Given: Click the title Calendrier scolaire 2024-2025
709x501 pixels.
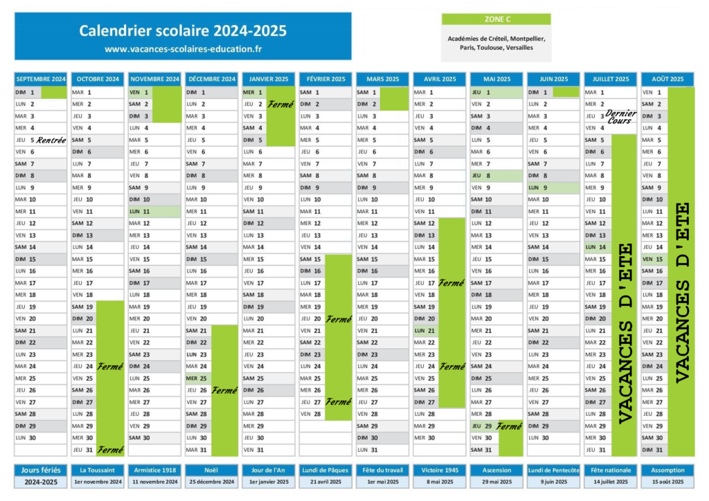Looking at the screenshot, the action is coord(183,30).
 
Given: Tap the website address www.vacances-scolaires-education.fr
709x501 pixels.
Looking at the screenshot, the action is coord(183,49).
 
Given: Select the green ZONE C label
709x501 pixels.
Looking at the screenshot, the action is coord(496,19).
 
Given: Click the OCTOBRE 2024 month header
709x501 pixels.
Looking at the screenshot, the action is coord(98,79).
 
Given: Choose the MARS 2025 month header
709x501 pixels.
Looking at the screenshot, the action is coord(382,79).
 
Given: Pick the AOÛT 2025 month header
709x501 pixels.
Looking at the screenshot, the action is coord(667,79).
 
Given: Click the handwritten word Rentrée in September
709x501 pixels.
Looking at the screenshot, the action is coord(51,140).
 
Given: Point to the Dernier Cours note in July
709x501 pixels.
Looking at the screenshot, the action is coord(620,116).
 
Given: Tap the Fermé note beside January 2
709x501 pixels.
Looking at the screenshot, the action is coord(281,104).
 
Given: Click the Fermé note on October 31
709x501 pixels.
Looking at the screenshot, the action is coord(110,450).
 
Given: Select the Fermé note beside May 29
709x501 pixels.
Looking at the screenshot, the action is coord(509,426).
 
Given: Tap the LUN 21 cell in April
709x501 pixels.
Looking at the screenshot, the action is coord(426,331).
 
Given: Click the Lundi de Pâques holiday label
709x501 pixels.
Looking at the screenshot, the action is coord(325,471).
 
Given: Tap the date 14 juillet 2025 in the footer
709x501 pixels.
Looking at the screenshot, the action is coord(611,482).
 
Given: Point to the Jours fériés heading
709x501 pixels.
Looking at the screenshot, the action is coord(41,471).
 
